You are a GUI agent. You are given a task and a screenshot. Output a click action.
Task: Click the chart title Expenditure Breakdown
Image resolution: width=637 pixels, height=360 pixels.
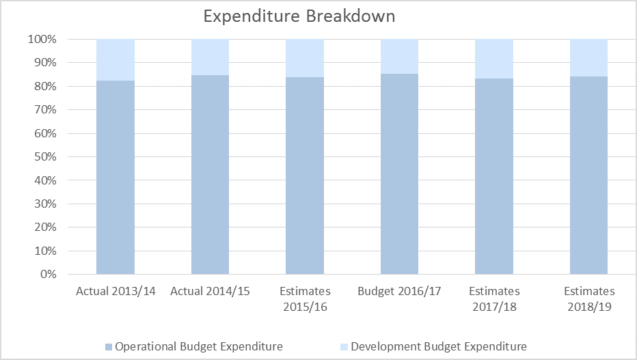click(299, 16)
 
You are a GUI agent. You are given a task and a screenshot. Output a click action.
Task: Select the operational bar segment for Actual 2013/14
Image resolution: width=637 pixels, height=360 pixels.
click(116, 178)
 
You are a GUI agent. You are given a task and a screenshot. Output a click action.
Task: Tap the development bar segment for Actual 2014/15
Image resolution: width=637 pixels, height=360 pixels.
click(210, 57)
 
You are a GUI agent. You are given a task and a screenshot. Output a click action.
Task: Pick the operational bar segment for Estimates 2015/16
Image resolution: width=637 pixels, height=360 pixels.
click(305, 176)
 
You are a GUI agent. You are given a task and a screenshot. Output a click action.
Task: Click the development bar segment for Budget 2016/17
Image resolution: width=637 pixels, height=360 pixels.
click(399, 57)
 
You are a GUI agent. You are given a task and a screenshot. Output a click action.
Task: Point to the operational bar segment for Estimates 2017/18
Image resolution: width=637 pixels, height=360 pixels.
click(494, 176)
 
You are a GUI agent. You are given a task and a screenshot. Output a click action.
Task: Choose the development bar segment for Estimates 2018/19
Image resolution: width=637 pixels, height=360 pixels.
click(588, 58)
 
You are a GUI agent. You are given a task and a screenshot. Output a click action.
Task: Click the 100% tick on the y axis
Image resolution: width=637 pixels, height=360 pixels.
click(42, 40)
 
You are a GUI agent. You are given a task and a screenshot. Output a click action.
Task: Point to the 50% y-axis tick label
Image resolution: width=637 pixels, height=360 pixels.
click(45, 156)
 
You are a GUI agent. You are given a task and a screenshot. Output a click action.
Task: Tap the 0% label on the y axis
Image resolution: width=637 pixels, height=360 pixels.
click(49, 275)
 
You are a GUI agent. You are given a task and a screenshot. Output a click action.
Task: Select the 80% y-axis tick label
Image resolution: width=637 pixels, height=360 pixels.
click(45, 87)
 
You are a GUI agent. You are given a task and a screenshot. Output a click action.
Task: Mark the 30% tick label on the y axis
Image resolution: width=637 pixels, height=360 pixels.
click(45, 204)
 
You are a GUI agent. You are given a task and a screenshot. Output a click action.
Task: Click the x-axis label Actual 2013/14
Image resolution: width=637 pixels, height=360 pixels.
click(116, 291)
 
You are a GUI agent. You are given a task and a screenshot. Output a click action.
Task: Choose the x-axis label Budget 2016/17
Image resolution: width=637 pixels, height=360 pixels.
click(399, 291)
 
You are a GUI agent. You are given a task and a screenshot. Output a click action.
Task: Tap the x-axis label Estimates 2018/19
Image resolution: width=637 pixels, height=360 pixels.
click(589, 299)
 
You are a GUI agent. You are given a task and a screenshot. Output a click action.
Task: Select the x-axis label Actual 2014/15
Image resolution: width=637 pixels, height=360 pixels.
click(210, 291)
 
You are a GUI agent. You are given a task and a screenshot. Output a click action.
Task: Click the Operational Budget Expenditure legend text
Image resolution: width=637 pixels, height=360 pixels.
click(199, 346)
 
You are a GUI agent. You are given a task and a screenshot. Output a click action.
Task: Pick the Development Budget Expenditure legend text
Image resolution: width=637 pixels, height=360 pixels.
click(439, 346)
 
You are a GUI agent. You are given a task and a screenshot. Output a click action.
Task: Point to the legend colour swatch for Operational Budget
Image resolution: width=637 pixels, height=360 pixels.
click(109, 347)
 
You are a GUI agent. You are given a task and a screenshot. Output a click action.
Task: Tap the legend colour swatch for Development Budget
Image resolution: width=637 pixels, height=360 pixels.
click(344, 347)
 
